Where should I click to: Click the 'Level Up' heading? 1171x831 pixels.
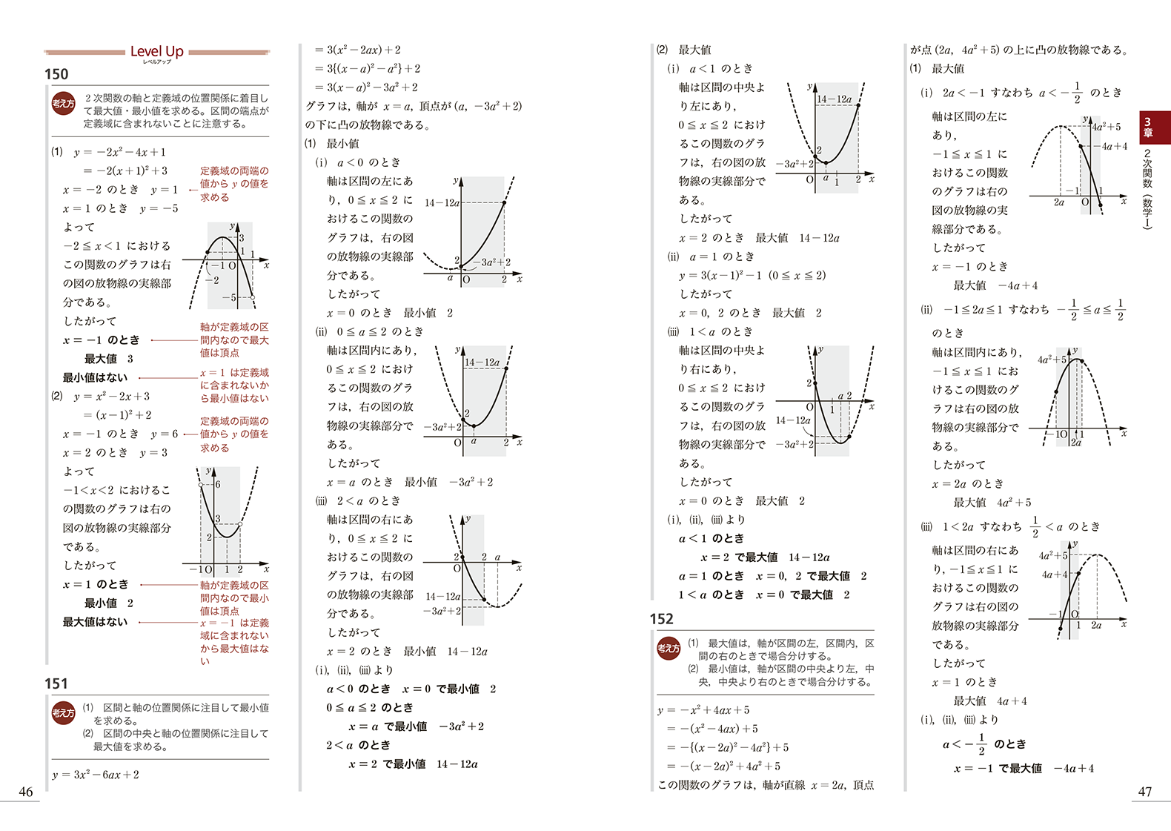pos(156,51)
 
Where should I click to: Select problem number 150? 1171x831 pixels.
pos(56,74)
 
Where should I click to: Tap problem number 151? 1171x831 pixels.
pos(56,683)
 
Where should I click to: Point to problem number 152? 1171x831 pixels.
pos(661,619)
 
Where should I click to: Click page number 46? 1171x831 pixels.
pos(26,792)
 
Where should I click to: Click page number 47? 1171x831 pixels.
pos(1144,792)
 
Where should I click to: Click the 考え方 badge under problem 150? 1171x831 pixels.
pos(64,104)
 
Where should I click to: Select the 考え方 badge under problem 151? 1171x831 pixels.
pos(64,713)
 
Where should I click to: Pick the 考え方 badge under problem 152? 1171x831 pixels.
pos(669,649)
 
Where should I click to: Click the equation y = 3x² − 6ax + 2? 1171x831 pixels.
pos(96,775)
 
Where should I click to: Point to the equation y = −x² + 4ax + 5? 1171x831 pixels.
pos(703,710)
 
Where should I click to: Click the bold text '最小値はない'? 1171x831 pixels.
pos(95,377)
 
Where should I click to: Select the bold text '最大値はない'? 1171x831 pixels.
pos(95,622)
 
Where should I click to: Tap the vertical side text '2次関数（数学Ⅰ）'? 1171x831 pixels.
pos(1147,190)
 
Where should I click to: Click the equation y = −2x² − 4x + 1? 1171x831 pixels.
pos(119,152)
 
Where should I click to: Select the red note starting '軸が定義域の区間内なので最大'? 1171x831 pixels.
pos(234,340)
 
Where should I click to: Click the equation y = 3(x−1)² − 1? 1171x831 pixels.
pos(752,275)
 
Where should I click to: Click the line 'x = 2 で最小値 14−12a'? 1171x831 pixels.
pos(413,764)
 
